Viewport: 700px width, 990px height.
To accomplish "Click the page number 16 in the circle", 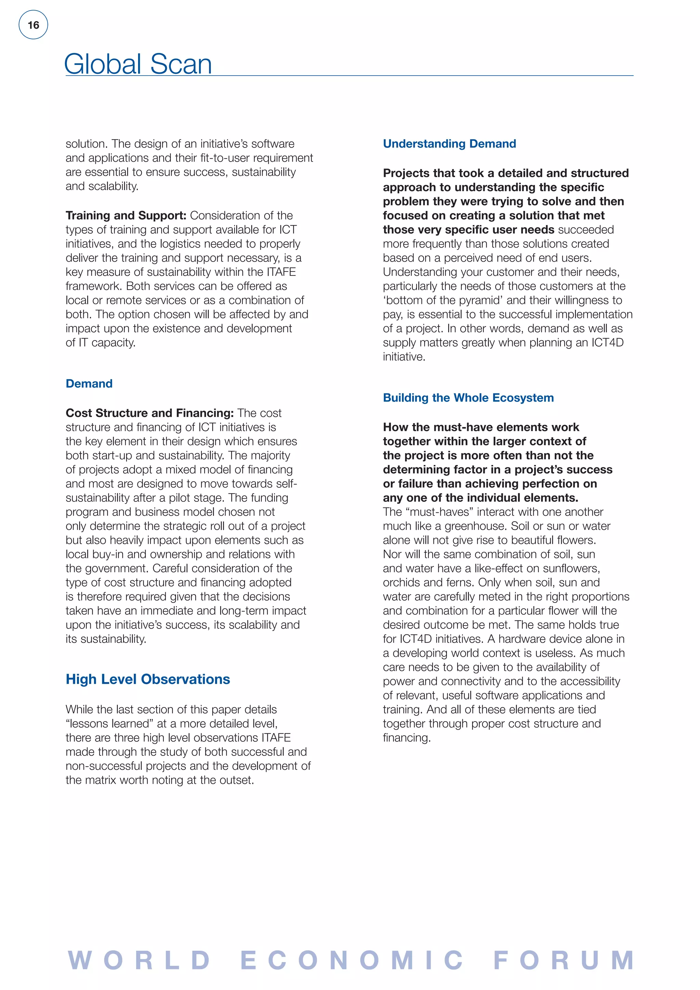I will click(x=33, y=25).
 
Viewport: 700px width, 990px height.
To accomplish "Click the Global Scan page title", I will click(x=138, y=64).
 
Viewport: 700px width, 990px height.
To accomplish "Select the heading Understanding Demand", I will click(x=449, y=144).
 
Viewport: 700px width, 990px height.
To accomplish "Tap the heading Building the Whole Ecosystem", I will click(x=468, y=398).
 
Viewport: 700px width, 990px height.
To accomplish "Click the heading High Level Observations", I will click(x=148, y=679).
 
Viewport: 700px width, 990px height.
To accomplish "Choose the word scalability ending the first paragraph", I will click(x=112, y=186).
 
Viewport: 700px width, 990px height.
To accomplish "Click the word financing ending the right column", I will click(x=406, y=738).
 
